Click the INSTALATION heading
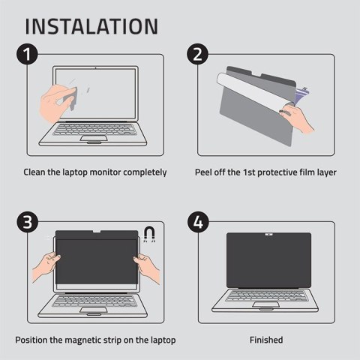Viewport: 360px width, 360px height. click(x=92, y=25)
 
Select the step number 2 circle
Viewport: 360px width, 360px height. click(x=199, y=56)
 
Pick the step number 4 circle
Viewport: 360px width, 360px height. click(x=199, y=222)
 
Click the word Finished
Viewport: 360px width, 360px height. click(x=266, y=340)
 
